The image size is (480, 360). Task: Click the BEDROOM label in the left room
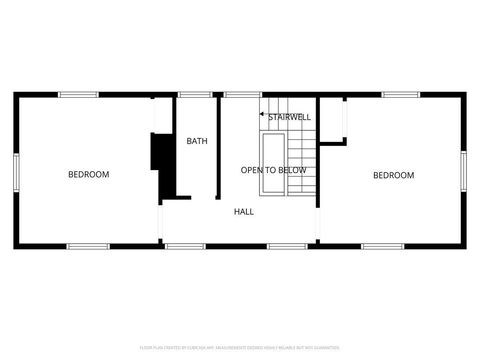point(88,175)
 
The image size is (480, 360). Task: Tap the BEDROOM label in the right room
point(393,176)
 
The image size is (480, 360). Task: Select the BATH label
point(197,141)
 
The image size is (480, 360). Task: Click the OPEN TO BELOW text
point(273,170)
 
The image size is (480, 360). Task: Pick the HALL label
point(244,211)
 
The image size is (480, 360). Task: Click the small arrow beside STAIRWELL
point(263,117)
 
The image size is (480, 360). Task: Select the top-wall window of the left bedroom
point(78,94)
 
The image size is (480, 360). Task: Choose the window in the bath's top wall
point(192,94)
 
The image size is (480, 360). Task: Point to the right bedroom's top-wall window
point(400,94)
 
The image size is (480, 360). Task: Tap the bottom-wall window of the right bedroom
point(382,246)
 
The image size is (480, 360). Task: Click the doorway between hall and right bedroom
point(318,225)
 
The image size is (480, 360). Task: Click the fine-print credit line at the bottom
point(240,346)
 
